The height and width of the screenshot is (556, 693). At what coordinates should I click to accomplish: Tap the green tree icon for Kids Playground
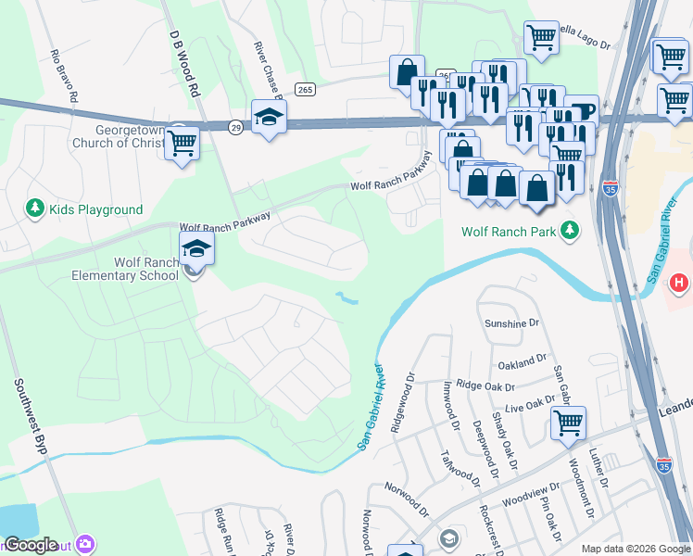(x=36, y=208)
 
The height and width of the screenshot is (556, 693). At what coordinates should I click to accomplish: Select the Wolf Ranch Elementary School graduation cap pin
(x=196, y=248)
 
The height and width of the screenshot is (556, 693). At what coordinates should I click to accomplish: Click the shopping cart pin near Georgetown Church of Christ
(x=183, y=143)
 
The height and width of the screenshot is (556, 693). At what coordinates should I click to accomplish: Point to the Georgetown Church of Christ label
(x=117, y=137)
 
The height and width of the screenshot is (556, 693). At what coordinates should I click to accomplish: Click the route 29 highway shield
(x=237, y=127)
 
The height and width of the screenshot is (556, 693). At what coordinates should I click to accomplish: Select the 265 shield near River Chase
(x=305, y=89)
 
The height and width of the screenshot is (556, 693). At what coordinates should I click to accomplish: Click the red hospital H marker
(x=679, y=282)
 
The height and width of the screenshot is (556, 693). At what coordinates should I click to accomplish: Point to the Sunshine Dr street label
(x=512, y=323)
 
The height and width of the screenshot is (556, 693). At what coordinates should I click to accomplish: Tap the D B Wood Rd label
(x=184, y=63)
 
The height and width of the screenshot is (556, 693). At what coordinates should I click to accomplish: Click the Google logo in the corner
(x=30, y=545)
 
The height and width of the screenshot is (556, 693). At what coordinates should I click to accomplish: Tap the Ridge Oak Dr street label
(x=483, y=385)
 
